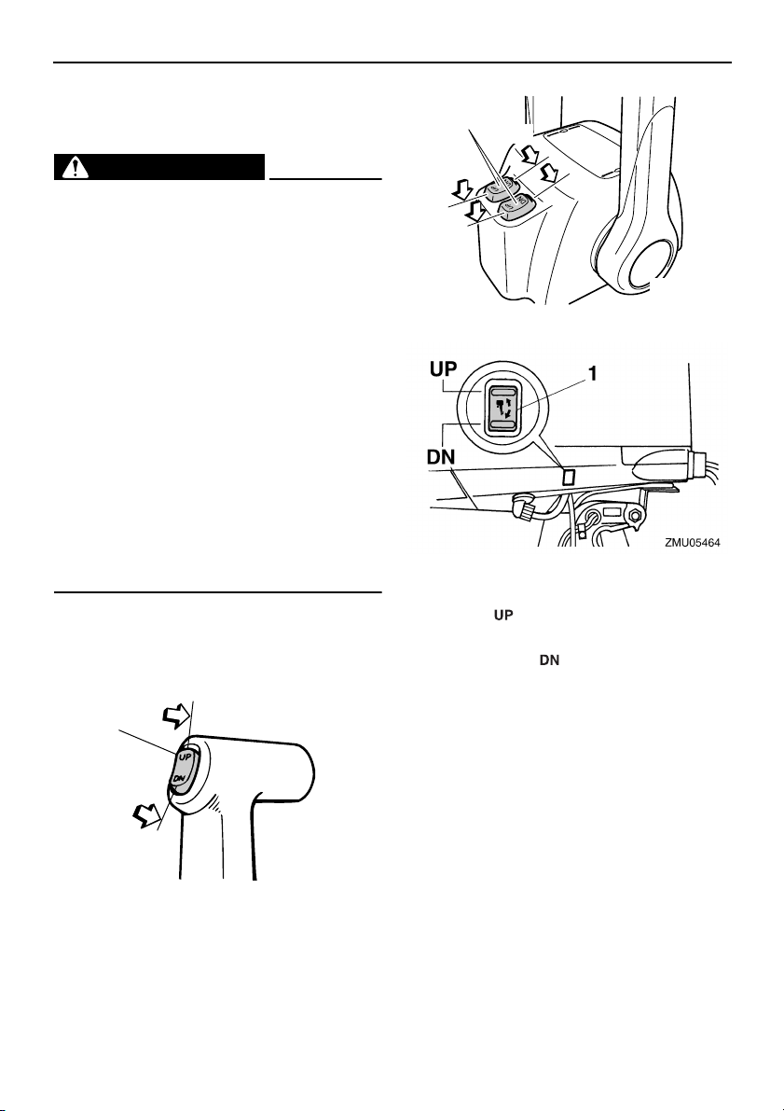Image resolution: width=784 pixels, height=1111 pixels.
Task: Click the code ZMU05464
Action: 692,541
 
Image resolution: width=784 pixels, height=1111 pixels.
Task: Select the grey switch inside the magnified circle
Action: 503,407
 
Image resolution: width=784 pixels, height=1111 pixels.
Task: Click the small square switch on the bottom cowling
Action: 570,477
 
